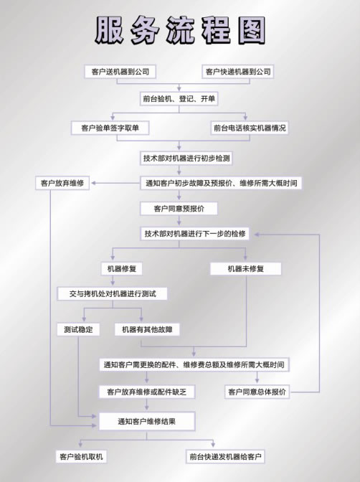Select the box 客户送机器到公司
click(120, 72)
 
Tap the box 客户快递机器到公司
click(238, 72)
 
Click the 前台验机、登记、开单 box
click(179, 99)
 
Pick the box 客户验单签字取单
click(110, 128)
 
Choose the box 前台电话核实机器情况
click(250, 128)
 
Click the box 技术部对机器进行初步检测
click(186, 159)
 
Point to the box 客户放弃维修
click(62, 183)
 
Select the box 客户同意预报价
click(179, 209)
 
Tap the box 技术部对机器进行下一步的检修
click(194, 234)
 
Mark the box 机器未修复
click(246, 269)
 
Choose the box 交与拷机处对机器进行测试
click(112, 293)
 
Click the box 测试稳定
click(78, 329)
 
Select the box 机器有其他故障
click(147, 329)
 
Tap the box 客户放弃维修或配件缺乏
click(147, 392)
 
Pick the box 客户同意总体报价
click(257, 392)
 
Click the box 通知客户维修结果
click(147, 421)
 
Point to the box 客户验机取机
click(81, 456)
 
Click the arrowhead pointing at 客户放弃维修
click(94, 183)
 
